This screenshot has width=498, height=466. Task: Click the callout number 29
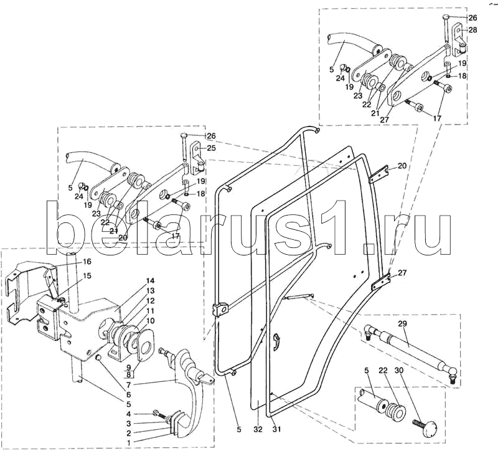coord(402,324)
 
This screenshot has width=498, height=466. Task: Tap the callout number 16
coord(87,262)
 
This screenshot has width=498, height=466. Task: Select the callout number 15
coord(87,275)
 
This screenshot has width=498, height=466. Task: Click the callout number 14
coord(150,280)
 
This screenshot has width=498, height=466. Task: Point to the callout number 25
coord(211,148)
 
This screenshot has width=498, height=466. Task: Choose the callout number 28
coord(473,30)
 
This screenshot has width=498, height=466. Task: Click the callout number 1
coord(128,442)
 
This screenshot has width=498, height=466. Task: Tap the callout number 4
coord(128,414)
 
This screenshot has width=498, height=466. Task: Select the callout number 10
coord(150,321)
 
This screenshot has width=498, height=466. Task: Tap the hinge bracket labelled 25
coord(198,158)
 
